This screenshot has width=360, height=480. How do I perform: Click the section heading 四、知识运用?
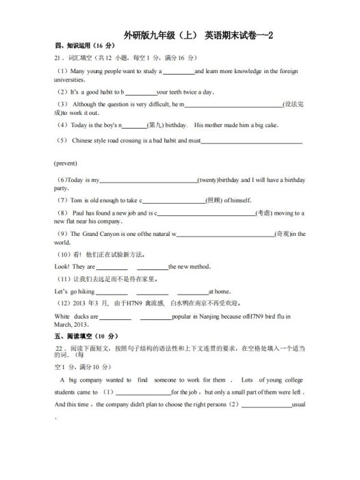click(x=77, y=46)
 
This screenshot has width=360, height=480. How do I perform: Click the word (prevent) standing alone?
click(x=66, y=163)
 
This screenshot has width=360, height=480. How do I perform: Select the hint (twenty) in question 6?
click(x=208, y=180)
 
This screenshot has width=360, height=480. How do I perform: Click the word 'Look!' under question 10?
click(x=62, y=266)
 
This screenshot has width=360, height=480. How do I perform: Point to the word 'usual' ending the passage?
click(x=298, y=405)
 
